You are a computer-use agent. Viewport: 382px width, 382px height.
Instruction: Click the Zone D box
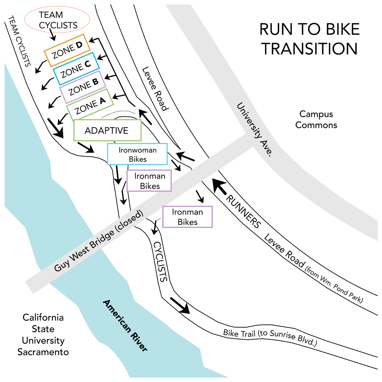[67, 50]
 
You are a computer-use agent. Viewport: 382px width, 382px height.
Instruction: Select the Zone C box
[76, 68]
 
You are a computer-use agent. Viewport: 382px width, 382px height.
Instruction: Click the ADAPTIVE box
[107, 130]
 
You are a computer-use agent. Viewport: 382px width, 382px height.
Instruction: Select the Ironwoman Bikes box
[137, 154]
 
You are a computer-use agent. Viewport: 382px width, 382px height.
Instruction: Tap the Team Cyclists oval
[57, 20]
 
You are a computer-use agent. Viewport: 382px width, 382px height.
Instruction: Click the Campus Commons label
[316, 119]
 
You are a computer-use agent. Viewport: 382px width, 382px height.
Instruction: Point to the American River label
[125, 326]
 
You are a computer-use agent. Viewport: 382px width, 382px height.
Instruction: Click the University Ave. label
[255, 129]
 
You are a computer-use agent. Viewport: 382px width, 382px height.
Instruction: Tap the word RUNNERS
[243, 212]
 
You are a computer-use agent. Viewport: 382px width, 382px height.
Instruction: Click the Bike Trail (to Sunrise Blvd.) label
[270, 337]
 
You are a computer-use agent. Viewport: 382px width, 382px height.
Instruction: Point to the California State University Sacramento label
[43, 335]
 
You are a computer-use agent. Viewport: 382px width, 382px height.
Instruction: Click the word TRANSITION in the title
[309, 49]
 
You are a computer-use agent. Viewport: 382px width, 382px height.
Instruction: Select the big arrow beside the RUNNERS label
[219, 186]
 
